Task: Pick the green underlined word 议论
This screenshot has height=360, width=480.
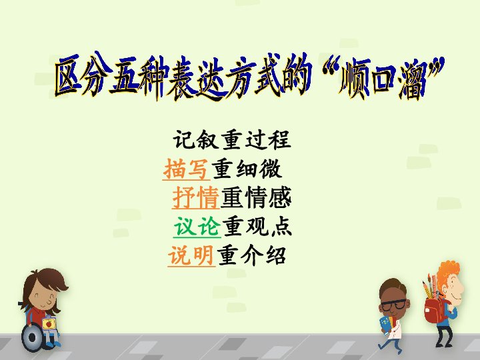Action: point(197,227)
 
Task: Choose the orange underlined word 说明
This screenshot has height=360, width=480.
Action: point(191,255)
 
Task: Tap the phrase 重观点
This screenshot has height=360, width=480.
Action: point(257,227)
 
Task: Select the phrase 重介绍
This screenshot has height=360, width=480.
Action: point(251,255)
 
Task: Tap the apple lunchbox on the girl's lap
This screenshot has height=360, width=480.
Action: point(49,323)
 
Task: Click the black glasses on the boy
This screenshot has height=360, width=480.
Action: point(394,304)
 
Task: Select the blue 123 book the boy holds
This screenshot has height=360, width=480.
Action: point(385,324)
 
